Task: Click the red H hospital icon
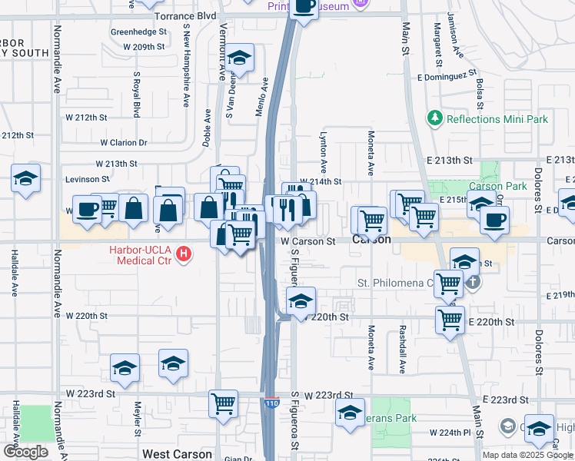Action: coord(184,252)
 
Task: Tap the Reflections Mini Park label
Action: coord(497,119)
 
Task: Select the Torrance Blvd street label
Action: coord(185,15)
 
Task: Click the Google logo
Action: coord(25,452)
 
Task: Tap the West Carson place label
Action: coord(177,454)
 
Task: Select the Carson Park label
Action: coord(498,186)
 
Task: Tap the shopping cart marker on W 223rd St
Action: coord(223,401)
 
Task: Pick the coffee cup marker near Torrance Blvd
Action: coord(304,7)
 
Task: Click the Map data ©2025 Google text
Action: coord(527,455)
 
